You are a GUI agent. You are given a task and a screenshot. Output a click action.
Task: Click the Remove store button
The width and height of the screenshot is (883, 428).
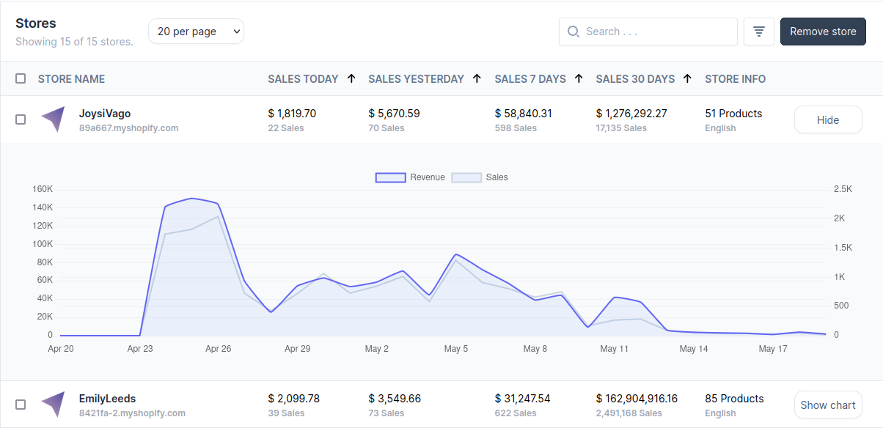[823, 32]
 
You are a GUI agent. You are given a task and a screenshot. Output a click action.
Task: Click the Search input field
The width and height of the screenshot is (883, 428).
[657, 32]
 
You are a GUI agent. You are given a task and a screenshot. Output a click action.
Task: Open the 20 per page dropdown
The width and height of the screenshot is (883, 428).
[196, 32]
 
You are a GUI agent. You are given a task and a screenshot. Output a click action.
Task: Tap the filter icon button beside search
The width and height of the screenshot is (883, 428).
[759, 32]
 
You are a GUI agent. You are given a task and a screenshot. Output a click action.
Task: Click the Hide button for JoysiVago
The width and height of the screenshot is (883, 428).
[828, 120]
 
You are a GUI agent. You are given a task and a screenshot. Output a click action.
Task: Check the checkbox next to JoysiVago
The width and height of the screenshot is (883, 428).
[21, 119]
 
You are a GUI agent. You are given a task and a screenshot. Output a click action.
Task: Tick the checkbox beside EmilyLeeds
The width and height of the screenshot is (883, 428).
[21, 405]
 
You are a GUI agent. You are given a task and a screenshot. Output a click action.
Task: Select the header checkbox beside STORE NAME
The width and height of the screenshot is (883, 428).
[21, 78]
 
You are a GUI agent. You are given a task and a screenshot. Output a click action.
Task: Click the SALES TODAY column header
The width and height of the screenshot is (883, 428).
[303, 78]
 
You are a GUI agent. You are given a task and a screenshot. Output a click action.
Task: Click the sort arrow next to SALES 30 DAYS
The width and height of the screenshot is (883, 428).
[687, 78]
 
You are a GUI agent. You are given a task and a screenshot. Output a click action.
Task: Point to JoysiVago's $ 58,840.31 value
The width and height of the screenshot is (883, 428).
[523, 114]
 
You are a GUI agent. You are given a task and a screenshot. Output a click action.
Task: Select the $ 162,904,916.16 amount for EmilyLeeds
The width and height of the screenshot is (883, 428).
[637, 399]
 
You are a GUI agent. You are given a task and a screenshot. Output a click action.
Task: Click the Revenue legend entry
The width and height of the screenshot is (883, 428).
[410, 177]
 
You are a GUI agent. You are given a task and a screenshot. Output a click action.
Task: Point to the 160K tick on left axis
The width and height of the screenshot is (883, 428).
[43, 189]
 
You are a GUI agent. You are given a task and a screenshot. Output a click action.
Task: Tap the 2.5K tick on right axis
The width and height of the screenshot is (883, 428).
[843, 189]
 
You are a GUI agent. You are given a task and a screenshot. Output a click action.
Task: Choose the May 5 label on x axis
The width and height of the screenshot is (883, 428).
[455, 349]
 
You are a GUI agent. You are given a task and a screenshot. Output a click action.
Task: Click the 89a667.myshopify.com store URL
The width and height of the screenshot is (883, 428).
[128, 128]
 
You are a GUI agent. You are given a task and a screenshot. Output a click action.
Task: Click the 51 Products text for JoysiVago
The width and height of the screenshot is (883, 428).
[733, 114]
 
